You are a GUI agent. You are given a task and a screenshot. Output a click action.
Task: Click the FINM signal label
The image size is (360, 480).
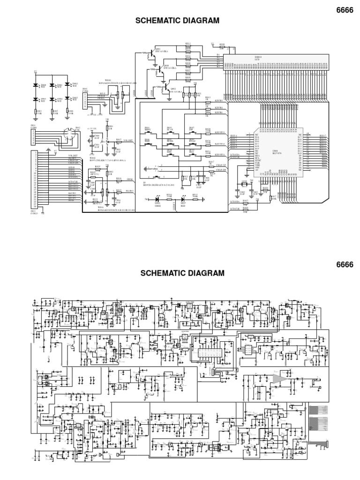click(x=130, y=179)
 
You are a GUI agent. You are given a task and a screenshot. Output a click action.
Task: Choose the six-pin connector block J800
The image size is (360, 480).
click(x=85, y=100)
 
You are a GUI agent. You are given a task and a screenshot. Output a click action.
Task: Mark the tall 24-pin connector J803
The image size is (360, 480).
click(x=34, y=180)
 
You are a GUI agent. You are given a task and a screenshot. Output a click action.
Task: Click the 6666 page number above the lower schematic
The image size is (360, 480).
click(x=344, y=264)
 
